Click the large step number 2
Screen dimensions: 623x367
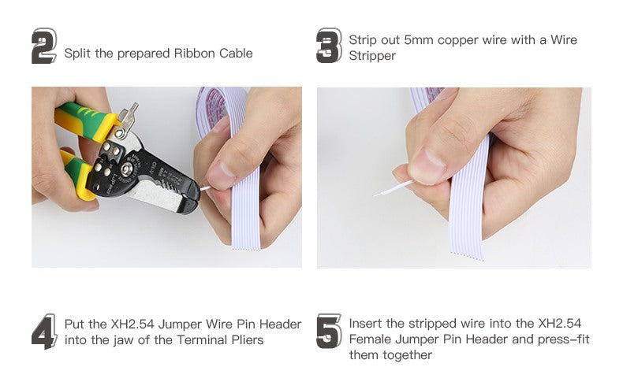43,46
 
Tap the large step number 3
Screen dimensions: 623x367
329,46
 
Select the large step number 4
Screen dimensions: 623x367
44,332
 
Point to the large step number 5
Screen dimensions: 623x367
329,332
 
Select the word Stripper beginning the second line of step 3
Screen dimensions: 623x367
372,56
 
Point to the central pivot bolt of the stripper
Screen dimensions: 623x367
126,170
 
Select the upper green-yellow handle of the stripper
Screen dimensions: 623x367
84,120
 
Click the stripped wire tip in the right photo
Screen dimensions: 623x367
377,195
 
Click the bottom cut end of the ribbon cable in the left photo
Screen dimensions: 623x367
246,249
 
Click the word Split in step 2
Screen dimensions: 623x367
78,54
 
